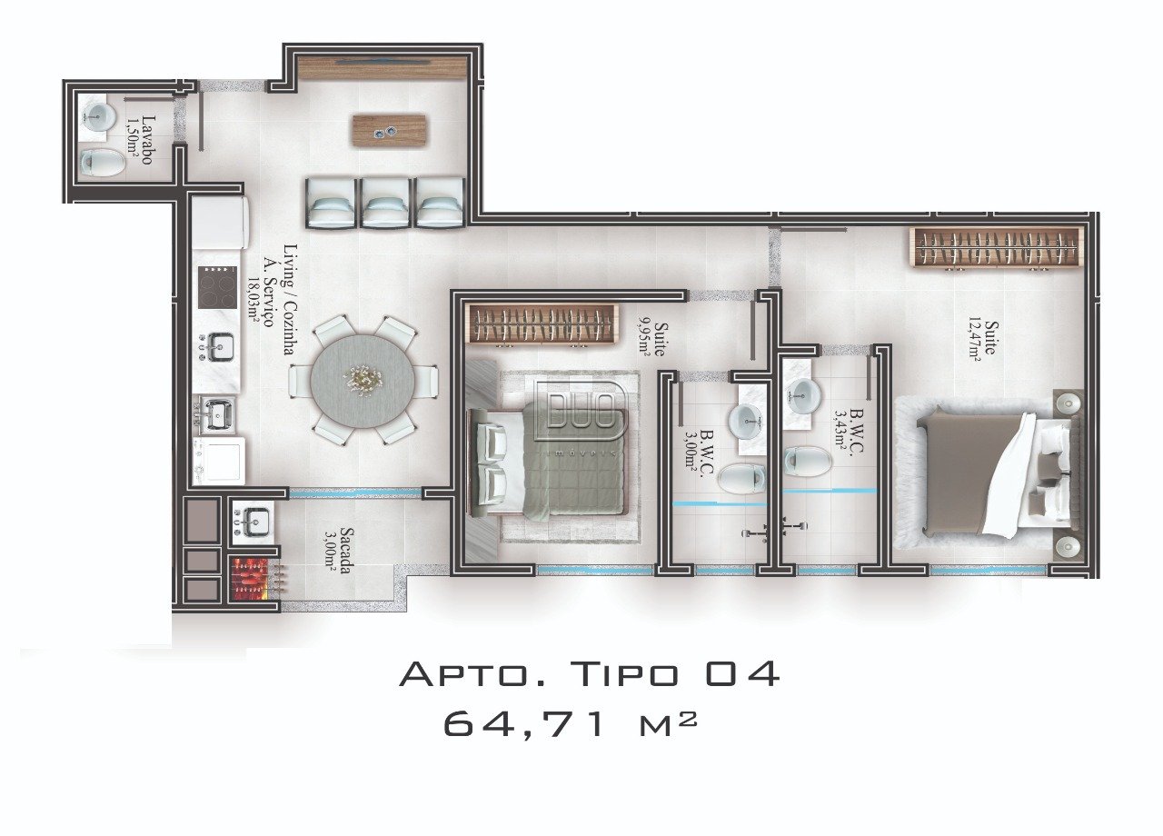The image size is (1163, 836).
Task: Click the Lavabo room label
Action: click(x=148, y=140)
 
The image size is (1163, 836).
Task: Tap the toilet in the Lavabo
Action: click(x=103, y=162)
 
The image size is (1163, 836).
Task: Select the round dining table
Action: click(x=363, y=381)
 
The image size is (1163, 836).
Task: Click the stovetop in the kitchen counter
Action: click(x=217, y=287)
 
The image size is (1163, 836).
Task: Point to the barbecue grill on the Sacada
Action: click(x=253, y=579)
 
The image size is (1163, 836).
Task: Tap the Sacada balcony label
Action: click(x=347, y=551)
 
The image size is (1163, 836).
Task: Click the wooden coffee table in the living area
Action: click(x=390, y=130)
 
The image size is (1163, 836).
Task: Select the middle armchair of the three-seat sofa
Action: click(x=384, y=203)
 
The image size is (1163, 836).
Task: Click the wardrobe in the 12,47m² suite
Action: click(x=997, y=248)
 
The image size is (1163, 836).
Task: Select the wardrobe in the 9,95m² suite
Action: click(x=542, y=324)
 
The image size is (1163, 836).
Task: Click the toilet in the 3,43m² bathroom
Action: click(x=808, y=461)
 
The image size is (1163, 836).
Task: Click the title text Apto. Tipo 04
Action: click(x=590, y=674)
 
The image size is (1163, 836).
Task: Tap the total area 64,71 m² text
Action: click(x=570, y=724)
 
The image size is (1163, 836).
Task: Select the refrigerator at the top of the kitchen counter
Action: click(x=220, y=221)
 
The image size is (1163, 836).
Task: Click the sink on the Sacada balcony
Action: click(x=253, y=522)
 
